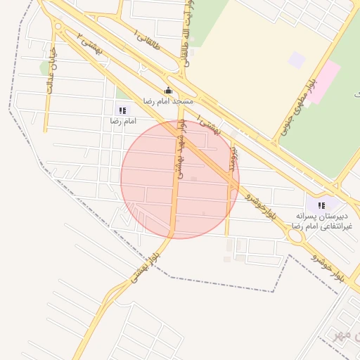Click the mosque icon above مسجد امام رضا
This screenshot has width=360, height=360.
click(x=168, y=90)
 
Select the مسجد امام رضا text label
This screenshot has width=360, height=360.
click(x=168, y=101)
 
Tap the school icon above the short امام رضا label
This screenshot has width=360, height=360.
click(x=123, y=110)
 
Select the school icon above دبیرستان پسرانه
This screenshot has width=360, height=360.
click(x=321, y=205)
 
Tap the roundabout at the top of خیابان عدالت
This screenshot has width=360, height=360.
click(x=58, y=28)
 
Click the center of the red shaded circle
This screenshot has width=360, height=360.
click(x=180, y=179)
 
